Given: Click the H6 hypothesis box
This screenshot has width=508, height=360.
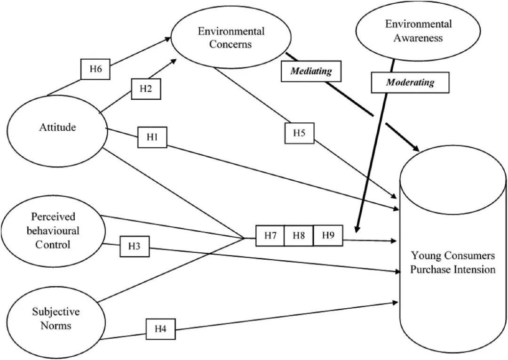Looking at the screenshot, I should pyautogui.click(x=96, y=70).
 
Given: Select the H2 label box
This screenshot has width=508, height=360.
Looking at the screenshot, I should pyautogui.click(x=146, y=89).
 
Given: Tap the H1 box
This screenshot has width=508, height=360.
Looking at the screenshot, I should pyautogui.click(x=151, y=137).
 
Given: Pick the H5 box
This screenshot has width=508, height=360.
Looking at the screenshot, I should pyautogui.click(x=300, y=133).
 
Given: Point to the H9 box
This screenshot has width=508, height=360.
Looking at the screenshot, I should pyautogui.click(x=328, y=236).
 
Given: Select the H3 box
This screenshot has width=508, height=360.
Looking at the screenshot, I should pyautogui.click(x=135, y=246).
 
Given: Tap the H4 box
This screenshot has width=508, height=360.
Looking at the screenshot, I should pyautogui.click(x=160, y=329).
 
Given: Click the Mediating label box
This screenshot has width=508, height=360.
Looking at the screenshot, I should pyautogui.click(x=311, y=72).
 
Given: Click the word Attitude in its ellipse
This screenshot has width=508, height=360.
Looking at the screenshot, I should pyautogui.click(x=57, y=127).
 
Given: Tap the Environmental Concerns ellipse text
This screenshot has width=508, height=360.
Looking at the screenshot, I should pyautogui.click(x=231, y=38).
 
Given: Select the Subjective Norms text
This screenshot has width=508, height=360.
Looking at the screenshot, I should pyautogui.click(x=56, y=318).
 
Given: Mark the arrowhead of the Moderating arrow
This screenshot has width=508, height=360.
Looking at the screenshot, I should pyautogui.click(x=356, y=230).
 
